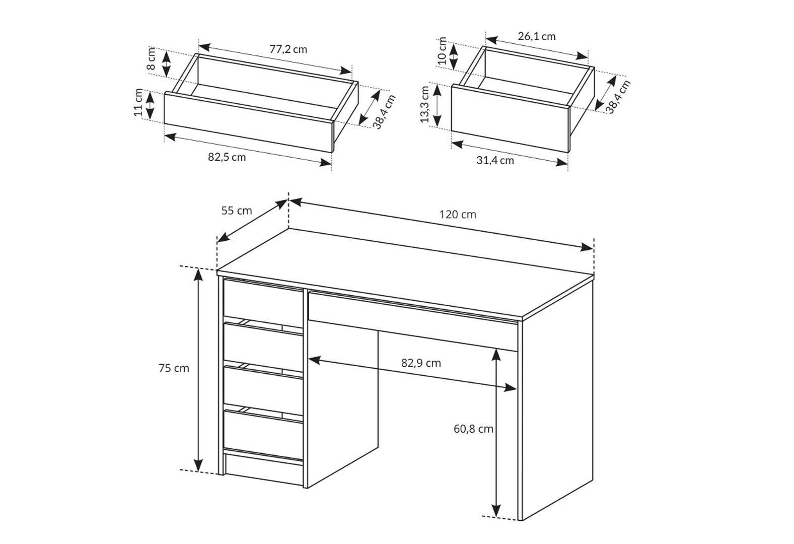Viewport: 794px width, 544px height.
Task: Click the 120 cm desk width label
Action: tap(458, 215)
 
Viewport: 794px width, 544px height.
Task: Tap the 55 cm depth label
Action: tap(237, 211)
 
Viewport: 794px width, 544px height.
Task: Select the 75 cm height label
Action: tap(174, 368)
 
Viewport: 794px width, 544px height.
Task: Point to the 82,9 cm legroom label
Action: tap(421, 363)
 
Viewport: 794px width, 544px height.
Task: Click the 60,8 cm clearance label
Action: tap(473, 429)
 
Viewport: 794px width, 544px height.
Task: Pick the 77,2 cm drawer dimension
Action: tap(288, 49)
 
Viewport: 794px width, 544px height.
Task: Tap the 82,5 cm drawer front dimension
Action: tap(227, 157)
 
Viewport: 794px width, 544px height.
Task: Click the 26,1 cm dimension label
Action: tap(537, 36)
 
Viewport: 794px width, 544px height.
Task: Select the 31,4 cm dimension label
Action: tap(495, 160)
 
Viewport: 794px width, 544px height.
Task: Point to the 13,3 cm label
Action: tap(424, 104)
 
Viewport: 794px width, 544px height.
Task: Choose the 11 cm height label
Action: tap(138, 102)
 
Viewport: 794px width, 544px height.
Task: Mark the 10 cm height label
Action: tap(442, 50)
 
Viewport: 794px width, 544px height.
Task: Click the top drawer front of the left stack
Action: tap(263, 303)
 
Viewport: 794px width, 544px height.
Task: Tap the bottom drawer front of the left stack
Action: tap(263, 435)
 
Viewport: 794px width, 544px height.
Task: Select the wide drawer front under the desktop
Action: tap(412, 321)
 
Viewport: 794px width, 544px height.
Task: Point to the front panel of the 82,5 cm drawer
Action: tap(249, 122)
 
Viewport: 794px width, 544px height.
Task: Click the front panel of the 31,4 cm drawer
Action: tap(510, 119)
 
